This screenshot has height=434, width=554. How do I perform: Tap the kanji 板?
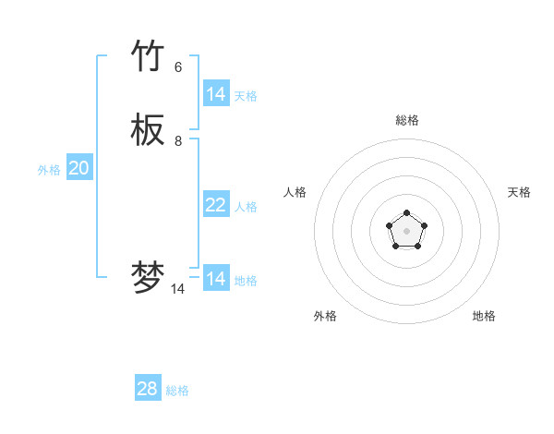[x=148, y=131]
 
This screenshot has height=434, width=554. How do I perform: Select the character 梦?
[x=148, y=278]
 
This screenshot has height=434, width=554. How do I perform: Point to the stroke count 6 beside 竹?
[x=178, y=66]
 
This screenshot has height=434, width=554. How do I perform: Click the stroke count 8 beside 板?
[x=178, y=140]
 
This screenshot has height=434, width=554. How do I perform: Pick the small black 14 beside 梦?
[x=178, y=288]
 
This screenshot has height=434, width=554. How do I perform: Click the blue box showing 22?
[x=216, y=205]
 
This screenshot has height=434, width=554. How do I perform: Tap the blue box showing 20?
[x=79, y=168]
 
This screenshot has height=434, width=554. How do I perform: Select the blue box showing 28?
[x=148, y=389]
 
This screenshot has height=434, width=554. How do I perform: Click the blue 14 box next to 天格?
[x=216, y=94]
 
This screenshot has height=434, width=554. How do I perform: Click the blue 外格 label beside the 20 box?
[x=49, y=170]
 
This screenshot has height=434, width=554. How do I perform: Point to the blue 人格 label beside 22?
[x=246, y=207]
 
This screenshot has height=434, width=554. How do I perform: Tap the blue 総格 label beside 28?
[x=177, y=391]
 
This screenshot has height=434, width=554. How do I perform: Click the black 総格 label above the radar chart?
[x=407, y=120]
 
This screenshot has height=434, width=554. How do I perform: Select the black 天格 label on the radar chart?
[x=519, y=192]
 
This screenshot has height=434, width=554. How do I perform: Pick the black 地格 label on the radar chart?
[x=484, y=316]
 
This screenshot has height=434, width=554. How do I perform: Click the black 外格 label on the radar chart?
[x=325, y=316]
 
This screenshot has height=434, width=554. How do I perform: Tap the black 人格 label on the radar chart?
[x=295, y=192]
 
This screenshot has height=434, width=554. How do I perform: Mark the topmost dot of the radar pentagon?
[x=406, y=213]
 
